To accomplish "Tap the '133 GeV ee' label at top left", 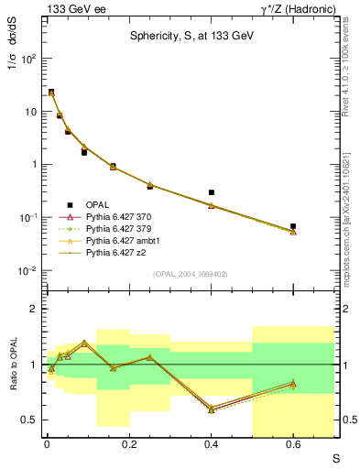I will [x=68, y=8].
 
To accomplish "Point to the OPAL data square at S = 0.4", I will [x=212, y=193].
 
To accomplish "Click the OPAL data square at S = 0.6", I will [x=293, y=226].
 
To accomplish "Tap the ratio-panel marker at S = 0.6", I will [x=293, y=384].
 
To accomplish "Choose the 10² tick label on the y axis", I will [x=29, y=58].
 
